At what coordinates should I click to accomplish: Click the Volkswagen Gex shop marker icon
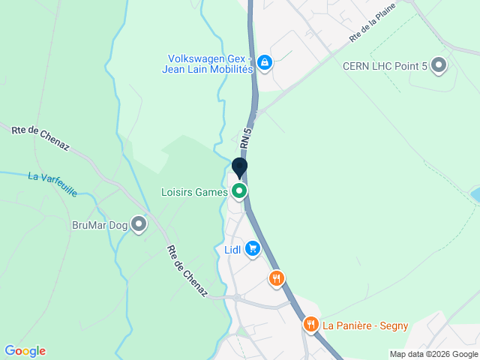[x=263, y=62]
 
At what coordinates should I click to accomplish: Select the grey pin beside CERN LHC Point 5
[x=439, y=66]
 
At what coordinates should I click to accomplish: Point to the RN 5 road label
[x=245, y=137]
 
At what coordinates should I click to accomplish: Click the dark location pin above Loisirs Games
[x=240, y=168]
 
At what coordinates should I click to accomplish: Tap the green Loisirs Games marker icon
[x=240, y=191]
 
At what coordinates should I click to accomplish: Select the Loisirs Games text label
[x=194, y=192]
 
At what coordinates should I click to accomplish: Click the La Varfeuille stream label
[x=52, y=184]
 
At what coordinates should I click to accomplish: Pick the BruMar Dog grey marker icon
[x=139, y=223]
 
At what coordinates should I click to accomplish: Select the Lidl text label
[x=232, y=250]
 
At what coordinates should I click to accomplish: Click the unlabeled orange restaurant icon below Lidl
[x=277, y=279]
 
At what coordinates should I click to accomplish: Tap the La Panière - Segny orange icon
[x=310, y=325]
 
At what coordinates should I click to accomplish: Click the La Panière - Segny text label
[x=365, y=325]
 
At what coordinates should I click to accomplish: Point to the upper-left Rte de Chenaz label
[x=40, y=139]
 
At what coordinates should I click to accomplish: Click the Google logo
[x=25, y=351]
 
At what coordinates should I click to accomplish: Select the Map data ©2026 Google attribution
[x=433, y=354]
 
